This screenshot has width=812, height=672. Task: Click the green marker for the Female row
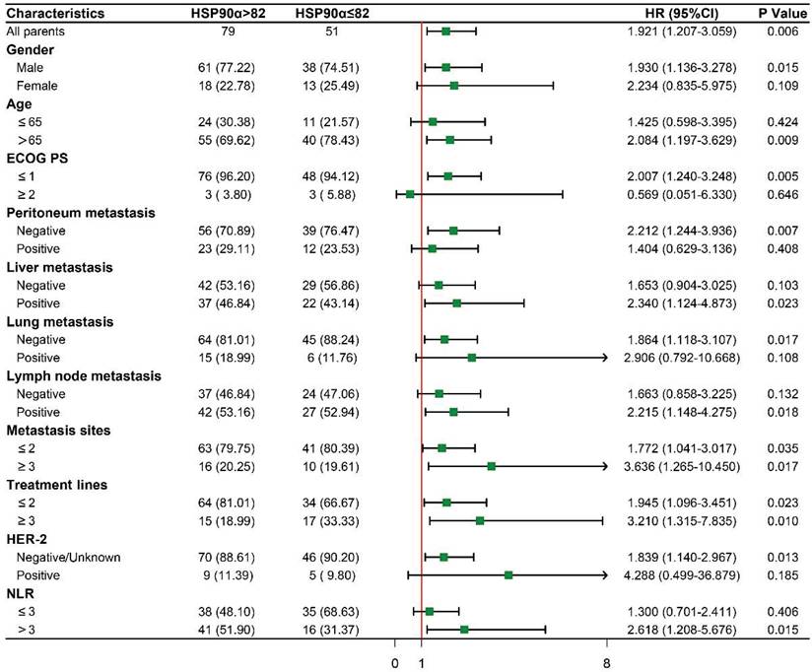[453, 86]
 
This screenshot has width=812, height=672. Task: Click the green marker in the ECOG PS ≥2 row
[410, 194]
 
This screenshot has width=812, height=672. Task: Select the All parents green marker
[445, 32]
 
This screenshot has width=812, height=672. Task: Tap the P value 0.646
[777, 194]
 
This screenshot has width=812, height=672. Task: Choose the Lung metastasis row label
[60, 321]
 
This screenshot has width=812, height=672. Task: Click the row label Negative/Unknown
[69, 558]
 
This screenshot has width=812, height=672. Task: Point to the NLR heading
[23, 593]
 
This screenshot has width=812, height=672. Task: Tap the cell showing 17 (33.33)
[330, 520]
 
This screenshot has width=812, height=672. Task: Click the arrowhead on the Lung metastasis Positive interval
[604, 358]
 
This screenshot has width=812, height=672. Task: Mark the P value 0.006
[777, 32]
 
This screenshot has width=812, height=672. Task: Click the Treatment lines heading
[57, 485]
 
